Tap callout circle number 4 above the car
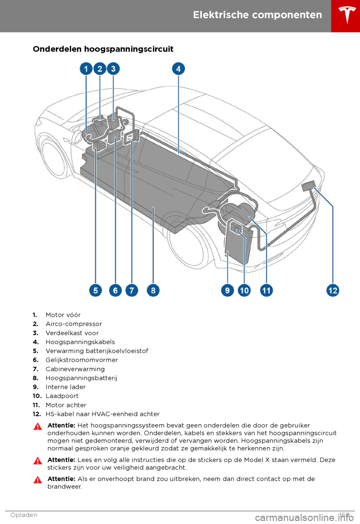178,69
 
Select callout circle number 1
86,69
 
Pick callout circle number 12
333,290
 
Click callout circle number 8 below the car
153,290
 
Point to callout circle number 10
244,290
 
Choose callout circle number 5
96,290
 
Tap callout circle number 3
113,69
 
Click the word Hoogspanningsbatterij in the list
81,378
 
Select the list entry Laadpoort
62,396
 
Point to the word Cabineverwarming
75,369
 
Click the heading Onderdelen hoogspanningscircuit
103,49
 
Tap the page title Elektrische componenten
257,15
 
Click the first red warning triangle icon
37,426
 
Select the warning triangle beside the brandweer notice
37,480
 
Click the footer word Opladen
24,515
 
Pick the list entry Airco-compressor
74,324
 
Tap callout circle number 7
132,290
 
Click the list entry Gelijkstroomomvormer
82,360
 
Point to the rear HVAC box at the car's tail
308,185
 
